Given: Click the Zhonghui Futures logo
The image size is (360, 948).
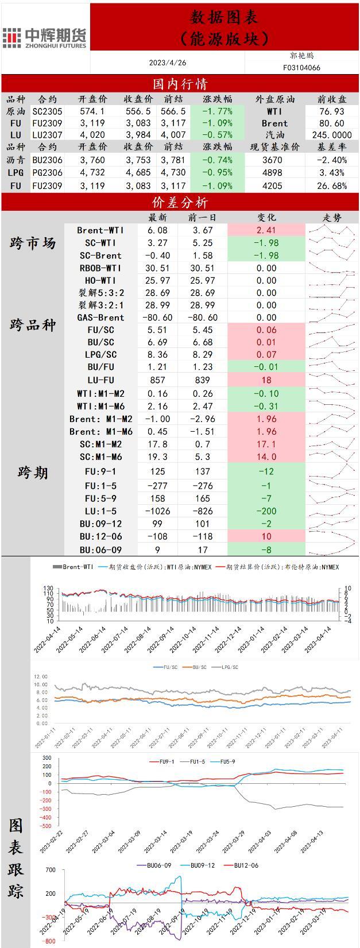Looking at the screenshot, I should tap(44, 38).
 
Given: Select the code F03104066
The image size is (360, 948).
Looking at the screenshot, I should tap(301, 67).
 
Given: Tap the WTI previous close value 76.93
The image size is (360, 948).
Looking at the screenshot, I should tap(331, 111).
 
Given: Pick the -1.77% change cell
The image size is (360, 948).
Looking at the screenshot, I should tap(218, 111).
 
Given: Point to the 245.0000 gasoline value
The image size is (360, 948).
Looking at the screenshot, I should tap(331, 135).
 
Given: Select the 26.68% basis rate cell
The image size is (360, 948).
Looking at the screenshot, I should tap(331, 185).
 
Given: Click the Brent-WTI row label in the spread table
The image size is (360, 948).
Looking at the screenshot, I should tap(100, 230).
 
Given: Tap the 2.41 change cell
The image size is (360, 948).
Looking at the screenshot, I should tap(266, 230).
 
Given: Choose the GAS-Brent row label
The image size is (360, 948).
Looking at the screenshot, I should tap(100, 318).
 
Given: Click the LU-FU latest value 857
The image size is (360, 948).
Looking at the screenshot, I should tap(157, 380).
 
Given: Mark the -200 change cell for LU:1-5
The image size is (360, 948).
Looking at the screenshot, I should tap(266, 511).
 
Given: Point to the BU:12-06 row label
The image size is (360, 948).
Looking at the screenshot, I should tap(100, 536).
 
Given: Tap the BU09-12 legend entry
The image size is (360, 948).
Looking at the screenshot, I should tap(200, 865).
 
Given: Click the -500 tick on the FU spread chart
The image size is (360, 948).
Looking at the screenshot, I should tap(46, 826).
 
